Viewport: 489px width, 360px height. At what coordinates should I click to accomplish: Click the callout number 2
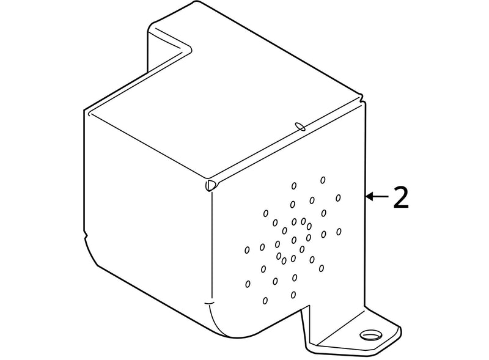click(x=401, y=197)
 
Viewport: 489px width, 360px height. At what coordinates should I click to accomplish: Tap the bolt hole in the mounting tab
click(x=371, y=336)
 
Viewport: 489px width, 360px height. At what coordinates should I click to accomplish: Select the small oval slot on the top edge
click(x=300, y=127)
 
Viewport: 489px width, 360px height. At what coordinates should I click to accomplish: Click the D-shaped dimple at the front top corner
click(x=210, y=185)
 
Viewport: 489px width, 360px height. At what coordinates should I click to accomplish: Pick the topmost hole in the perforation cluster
click(x=323, y=180)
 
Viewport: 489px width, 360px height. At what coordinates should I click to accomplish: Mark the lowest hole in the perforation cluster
click(x=265, y=301)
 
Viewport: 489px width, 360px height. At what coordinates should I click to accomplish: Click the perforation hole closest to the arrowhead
click(x=338, y=198)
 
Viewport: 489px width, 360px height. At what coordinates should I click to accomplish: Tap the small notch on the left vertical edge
click(x=86, y=234)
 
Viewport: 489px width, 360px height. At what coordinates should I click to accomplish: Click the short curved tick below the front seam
click(x=209, y=303)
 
